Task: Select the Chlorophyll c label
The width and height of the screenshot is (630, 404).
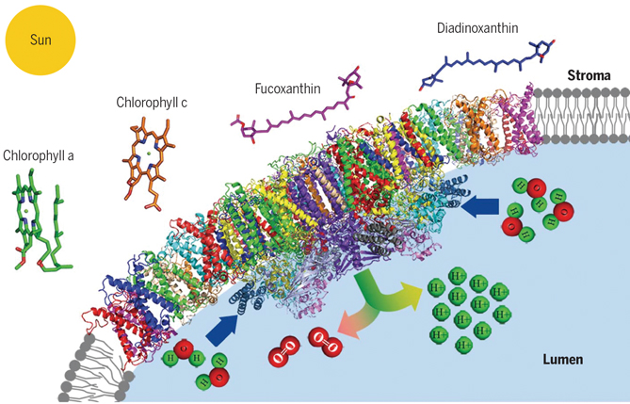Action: point(152,101)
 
